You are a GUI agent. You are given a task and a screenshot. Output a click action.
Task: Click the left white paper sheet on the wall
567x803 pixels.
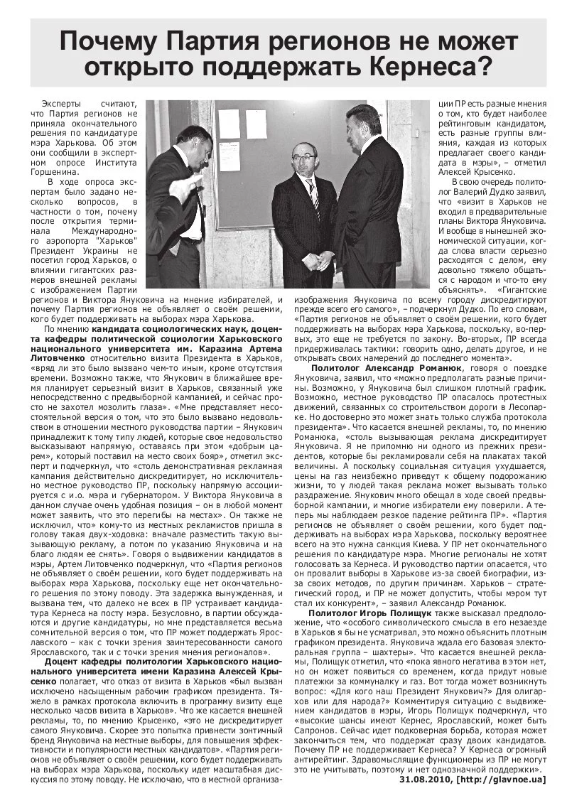tap(229, 124)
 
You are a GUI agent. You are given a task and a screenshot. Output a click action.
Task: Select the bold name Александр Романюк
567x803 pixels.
tap(418, 368)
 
